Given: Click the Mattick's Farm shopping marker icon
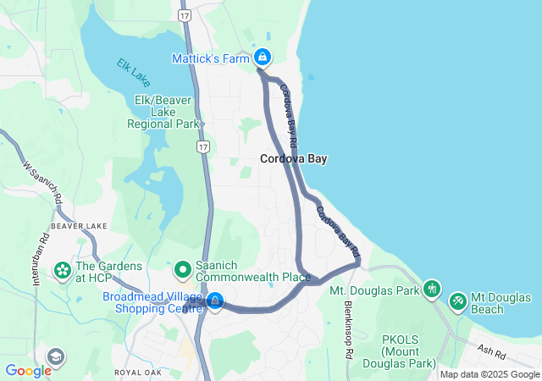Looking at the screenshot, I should click(263, 58).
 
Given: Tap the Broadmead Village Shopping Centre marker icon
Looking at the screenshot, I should click(215, 301).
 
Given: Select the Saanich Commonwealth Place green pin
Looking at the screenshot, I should click(182, 270).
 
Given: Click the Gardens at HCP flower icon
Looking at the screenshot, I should click(63, 270).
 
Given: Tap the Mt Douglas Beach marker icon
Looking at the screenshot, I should click(458, 300).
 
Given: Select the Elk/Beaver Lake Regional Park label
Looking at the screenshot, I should click(163, 112).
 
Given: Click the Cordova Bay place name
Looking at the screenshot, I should click(293, 158).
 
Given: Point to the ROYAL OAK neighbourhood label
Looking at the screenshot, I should click(138, 371).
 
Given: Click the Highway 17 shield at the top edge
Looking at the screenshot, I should click(185, 15).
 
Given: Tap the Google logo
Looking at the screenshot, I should click(28, 371).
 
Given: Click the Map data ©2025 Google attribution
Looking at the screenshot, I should click(489, 374).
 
